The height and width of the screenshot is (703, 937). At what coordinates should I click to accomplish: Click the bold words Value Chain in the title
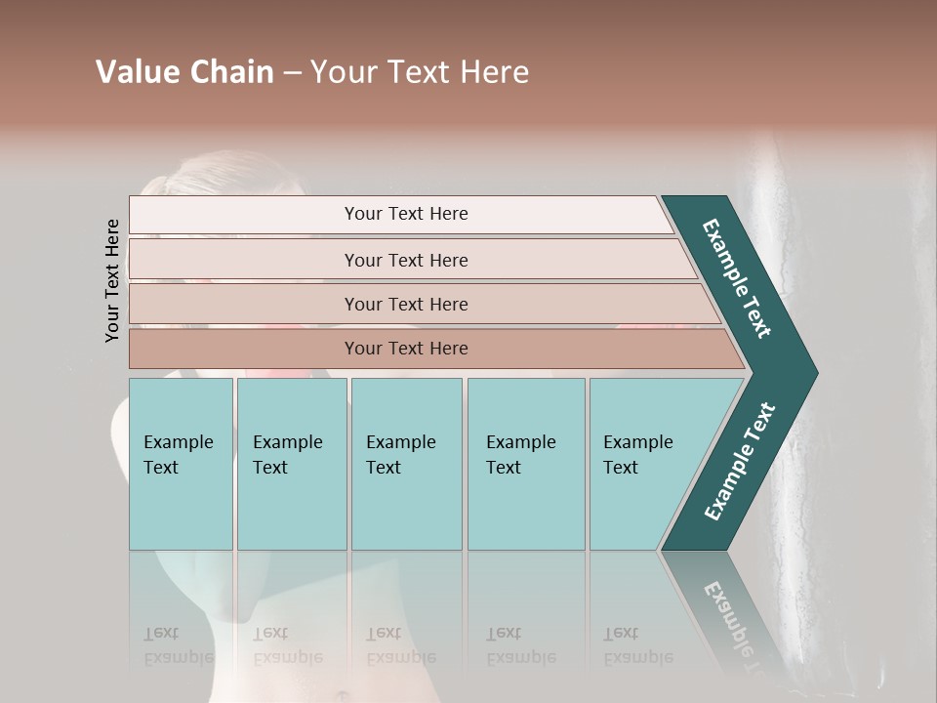pos(184,72)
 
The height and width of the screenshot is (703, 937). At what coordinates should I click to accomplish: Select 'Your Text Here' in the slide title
pos(420,72)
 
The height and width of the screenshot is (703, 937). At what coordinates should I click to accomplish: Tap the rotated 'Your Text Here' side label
pos(112,280)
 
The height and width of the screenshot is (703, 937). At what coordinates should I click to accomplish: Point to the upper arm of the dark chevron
pos(738,278)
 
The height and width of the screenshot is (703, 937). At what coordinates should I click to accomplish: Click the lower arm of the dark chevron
pos(740,462)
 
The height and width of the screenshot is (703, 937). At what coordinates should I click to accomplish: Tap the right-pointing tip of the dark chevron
pos(806,372)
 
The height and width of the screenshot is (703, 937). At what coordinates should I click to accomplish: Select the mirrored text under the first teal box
pos(179,645)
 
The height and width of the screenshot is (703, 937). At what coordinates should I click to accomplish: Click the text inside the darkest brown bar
pos(406,349)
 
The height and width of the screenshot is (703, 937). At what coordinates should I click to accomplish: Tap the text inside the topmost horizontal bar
pos(406,214)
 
